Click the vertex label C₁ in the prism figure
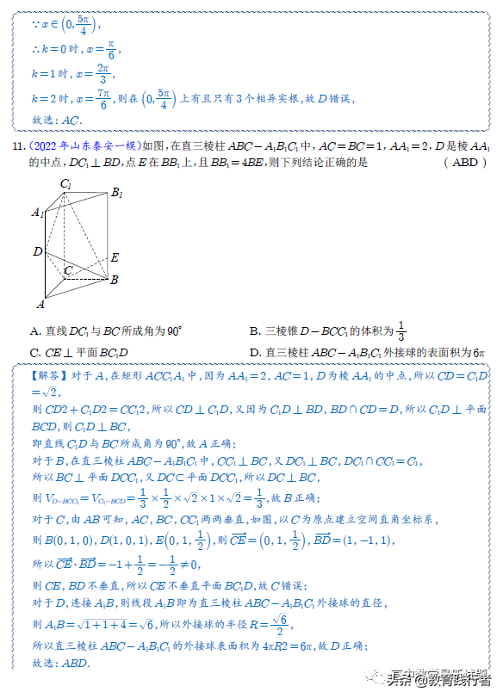(x=65, y=183)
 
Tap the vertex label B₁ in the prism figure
(x=116, y=194)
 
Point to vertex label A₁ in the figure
(x=36, y=213)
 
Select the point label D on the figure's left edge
(x=37, y=251)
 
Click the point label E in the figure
(x=115, y=257)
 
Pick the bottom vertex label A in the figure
(x=40, y=304)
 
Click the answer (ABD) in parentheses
(x=464, y=162)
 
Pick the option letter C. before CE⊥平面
(x=35, y=352)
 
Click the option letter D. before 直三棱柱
(x=255, y=352)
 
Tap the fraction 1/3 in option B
(x=401, y=331)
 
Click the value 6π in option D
(x=479, y=352)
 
